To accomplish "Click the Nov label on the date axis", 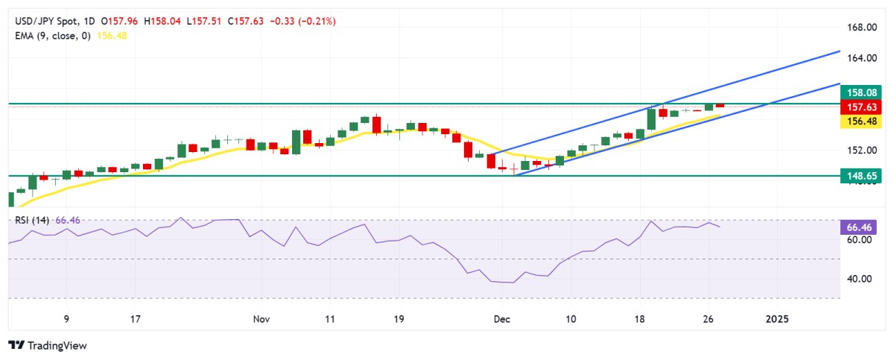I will pyautogui.click(x=261, y=319).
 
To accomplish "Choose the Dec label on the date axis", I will pyautogui.click(x=501, y=319).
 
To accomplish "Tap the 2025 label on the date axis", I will pyautogui.click(x=777, y=319).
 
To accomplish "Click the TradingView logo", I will pyautogui.click(x=48, y=346).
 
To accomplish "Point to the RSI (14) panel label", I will pyautogui.click(x=29, y=221).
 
